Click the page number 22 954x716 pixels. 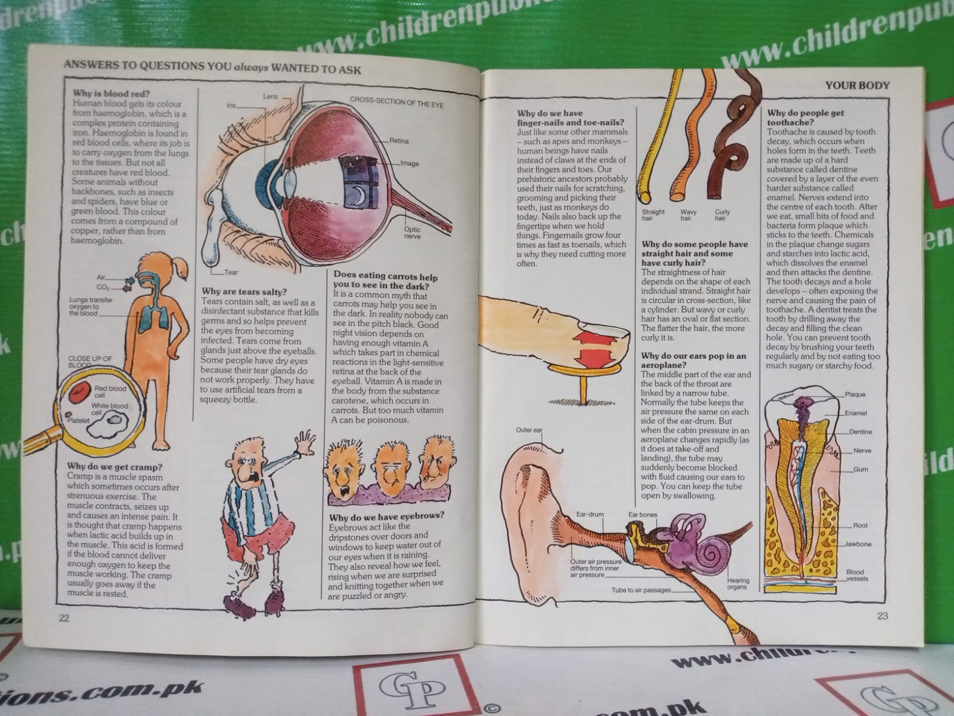(64, 618)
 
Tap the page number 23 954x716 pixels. (882, 616)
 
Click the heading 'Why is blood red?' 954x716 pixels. (111, 94)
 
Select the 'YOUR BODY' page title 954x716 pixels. (857, 85)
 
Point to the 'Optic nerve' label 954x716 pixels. (412, 233)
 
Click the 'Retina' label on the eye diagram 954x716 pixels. (399, 141)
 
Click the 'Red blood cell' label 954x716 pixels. (110, 391)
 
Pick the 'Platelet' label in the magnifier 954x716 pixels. (78, 421)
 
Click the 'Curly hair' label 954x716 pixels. (722, 215)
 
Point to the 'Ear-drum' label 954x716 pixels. (590, 514)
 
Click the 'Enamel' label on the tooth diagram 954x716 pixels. (856, 413)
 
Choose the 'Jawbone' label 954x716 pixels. (857, 544)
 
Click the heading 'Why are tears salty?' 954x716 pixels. (244, 291)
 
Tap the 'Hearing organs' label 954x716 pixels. (738, 584)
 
